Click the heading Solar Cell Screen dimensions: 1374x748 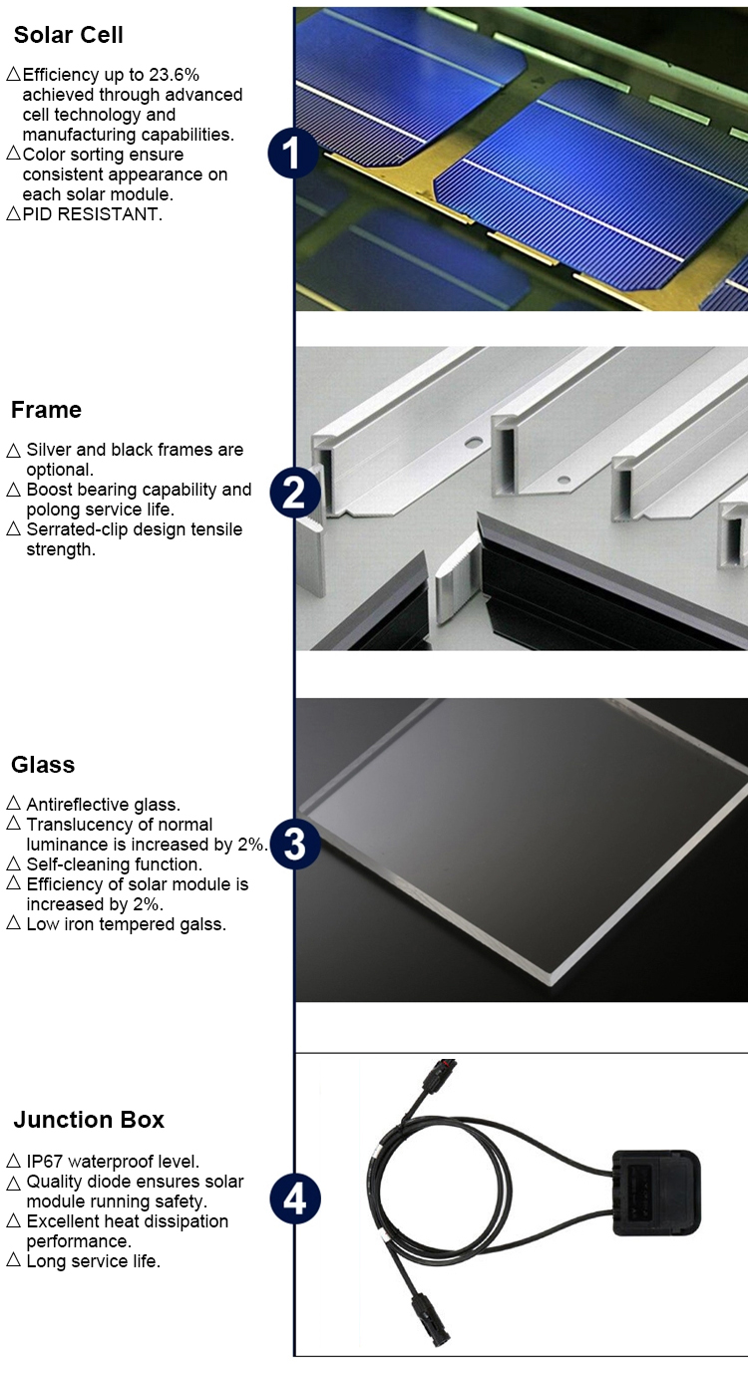click(x=69, y=36)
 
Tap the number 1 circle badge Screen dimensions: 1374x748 click(x=293, y=155)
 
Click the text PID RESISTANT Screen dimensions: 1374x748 click(x=92, y=214)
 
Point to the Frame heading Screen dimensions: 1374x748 click(x=46, y=410)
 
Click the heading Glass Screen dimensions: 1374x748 click(x=43, y=765)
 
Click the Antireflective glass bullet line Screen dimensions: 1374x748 click(x=103, y=805)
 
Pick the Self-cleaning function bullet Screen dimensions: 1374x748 click(x=114, y=864)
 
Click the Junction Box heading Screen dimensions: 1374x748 click(x=89, y=1120)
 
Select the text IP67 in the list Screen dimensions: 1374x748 click(x=46, y=1162)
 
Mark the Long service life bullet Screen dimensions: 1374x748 click(x=93, y=1261)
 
